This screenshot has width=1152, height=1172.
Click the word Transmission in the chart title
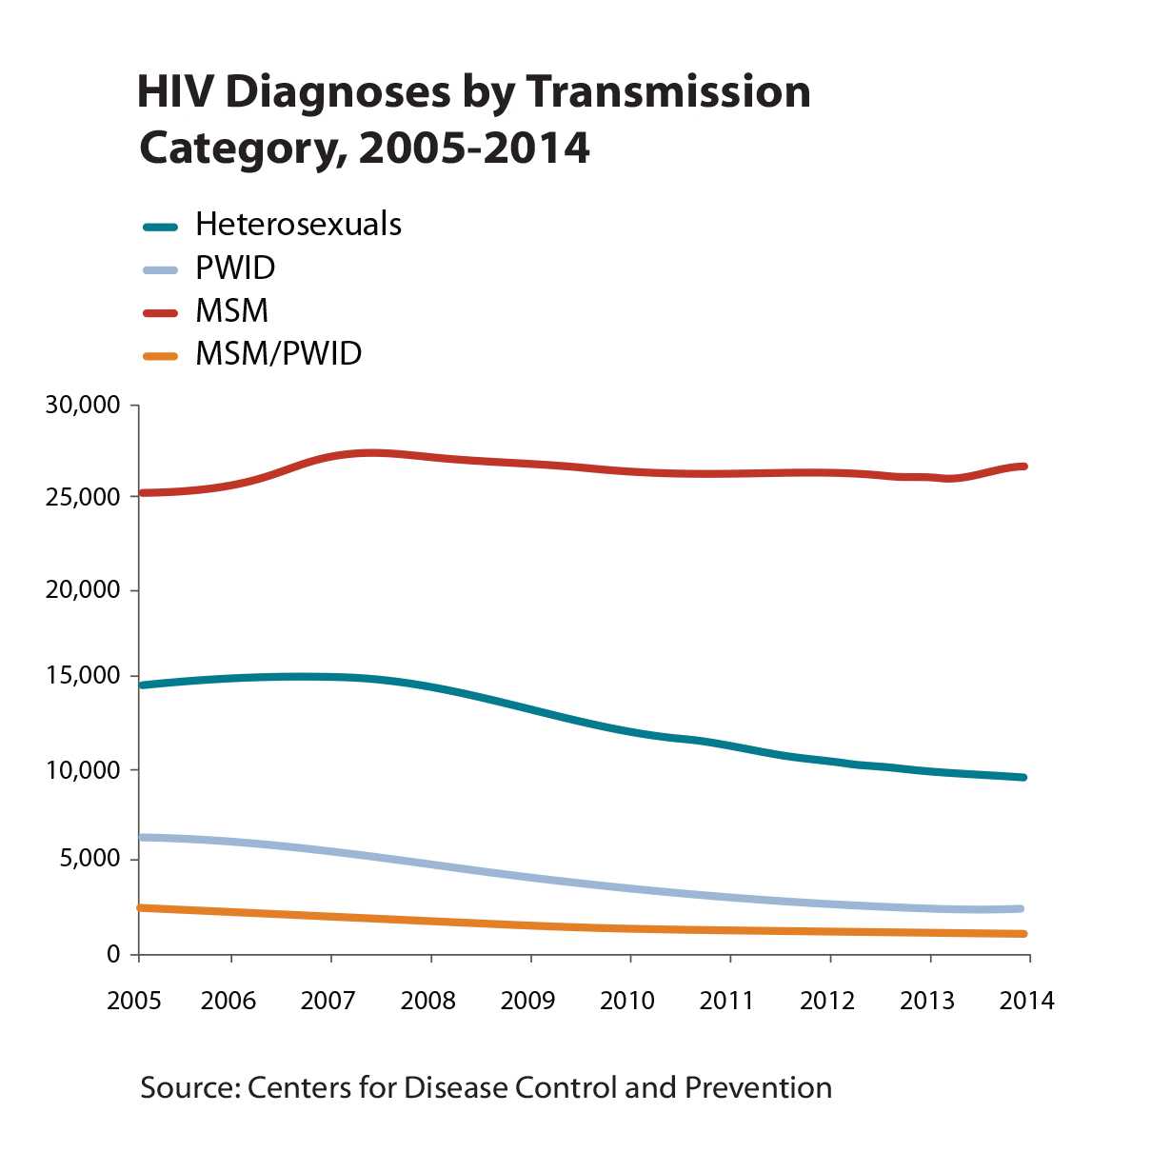coord(667,92)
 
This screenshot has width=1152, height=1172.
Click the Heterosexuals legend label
coord(298,225)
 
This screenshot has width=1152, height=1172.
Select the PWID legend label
coord(235,268)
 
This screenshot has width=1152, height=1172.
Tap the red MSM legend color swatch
coord(160,311)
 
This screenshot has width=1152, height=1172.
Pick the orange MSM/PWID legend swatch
coord(160,355)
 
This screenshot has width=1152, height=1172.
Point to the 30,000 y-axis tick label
coord(83,406)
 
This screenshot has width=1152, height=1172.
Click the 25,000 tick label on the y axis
coord(83,497)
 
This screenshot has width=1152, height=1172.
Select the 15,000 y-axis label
coord(83,677)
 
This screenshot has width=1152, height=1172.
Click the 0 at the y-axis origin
coord(113,954)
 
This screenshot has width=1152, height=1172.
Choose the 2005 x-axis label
coord(134,1001)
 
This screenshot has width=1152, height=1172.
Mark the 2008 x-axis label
coord(428,1001)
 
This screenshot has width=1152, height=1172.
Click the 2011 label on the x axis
coord(727,1001)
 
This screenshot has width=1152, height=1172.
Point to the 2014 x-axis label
coord(1026,1001)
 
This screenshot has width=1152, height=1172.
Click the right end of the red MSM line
coord(1023,467)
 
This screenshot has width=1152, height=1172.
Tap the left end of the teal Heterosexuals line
coord(143,685)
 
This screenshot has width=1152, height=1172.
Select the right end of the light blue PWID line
coord(1021,909)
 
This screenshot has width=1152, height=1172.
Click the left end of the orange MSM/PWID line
coord(143,908)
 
